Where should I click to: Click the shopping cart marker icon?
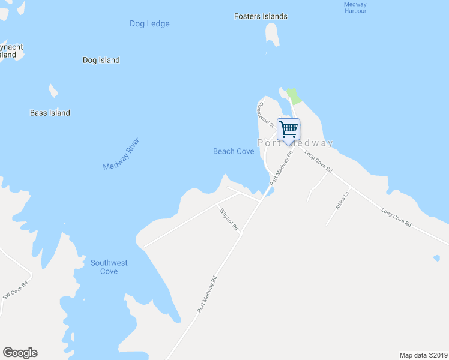288,128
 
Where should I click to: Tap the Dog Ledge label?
149,24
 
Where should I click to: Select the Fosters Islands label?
261,16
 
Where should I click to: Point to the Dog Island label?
101,60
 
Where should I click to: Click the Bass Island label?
50,113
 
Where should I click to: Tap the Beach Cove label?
234,151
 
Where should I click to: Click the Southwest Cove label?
109,267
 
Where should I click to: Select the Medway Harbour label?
355,7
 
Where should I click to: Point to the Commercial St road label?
265,113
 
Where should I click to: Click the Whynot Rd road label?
229,220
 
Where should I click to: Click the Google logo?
20,353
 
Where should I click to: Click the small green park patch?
293,95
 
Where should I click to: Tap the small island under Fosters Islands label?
273,35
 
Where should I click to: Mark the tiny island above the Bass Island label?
53,91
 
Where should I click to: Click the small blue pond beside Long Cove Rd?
436,259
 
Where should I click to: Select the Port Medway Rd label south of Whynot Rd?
206,294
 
